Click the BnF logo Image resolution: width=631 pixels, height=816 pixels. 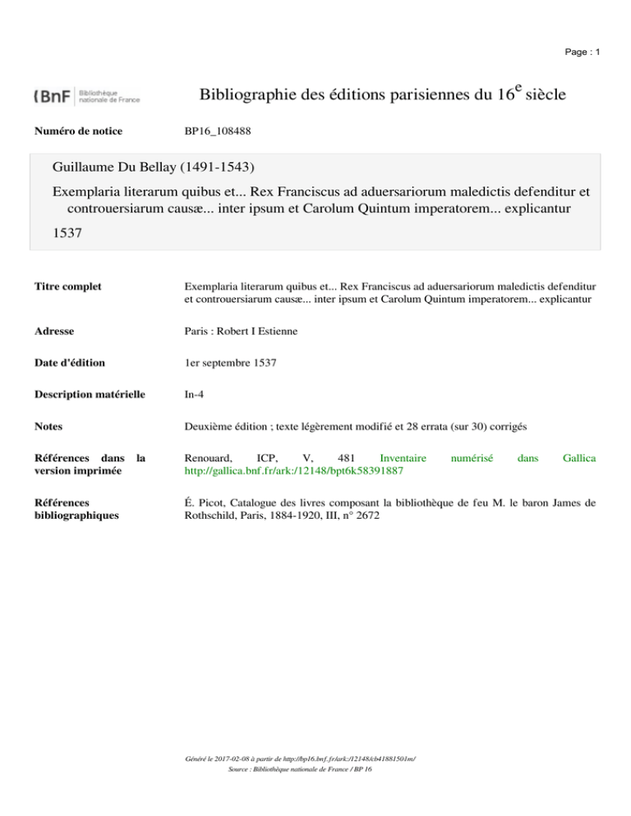[x=87, y=96]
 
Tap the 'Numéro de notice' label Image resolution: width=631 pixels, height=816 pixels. [x=78, y=130]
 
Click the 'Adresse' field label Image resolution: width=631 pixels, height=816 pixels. [x=54, y=332]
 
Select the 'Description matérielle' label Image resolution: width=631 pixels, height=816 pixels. [x=90, y=394]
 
